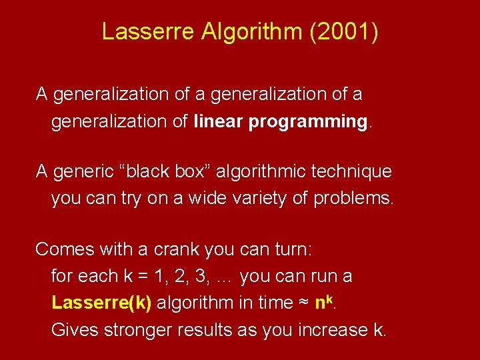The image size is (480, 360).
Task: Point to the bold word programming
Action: tap(306, 122)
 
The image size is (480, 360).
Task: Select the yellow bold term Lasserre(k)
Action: tap(101, 303)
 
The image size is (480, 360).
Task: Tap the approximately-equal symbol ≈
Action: tap(303, 303)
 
